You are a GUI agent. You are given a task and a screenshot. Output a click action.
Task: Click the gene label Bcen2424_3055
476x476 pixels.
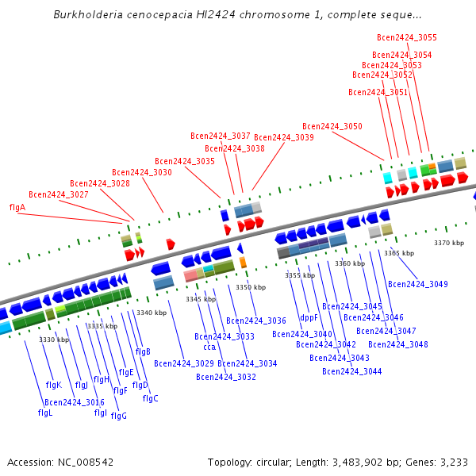tap(406, 37)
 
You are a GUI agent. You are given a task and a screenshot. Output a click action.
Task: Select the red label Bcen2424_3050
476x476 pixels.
tap(332, 126)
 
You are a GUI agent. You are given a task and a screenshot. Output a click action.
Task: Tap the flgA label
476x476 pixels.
tap(17, 207)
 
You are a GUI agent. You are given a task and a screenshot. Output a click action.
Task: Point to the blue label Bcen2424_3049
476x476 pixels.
tap(417, 284)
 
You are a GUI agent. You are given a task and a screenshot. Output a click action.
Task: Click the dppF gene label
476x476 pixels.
tap(309, 317)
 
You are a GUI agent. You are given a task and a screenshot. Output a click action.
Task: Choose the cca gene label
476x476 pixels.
tap(209, 347)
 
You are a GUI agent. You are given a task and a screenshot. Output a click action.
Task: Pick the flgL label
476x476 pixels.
tap(45, 413)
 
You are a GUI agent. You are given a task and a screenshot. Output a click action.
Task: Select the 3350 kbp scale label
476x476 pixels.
tap(248, 287)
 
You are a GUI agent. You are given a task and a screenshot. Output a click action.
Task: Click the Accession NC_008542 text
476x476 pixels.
tap(60, 462)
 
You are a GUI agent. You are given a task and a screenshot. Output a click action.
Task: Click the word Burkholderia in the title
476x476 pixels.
tap(86, 15)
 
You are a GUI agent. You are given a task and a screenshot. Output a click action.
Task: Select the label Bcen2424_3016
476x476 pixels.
tap(75, 402)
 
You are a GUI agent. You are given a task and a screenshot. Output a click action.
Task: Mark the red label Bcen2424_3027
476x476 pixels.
tap(58, 194)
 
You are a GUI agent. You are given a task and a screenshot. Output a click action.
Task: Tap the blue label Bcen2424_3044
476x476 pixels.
tap(351, 371)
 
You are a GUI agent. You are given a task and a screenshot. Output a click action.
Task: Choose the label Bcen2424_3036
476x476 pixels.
tap(256, 321)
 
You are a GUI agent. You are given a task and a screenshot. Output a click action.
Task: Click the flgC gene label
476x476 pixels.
tap(150, 398)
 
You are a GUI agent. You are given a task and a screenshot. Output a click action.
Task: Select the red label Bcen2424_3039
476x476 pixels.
tap(283, 137)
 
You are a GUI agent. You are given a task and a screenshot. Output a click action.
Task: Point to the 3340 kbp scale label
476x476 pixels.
tap(152, 313)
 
